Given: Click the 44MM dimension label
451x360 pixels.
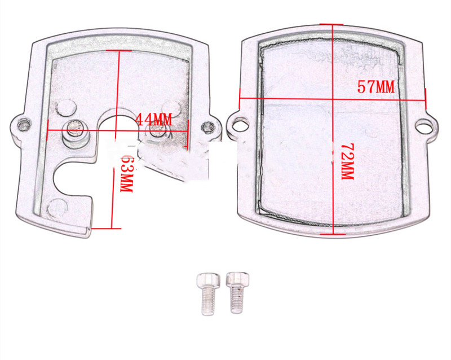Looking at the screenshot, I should (x=152, y=119).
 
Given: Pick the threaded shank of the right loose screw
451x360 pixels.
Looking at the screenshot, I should (x=236, y=301).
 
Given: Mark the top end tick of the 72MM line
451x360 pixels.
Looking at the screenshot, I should (x=335, y=25).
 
